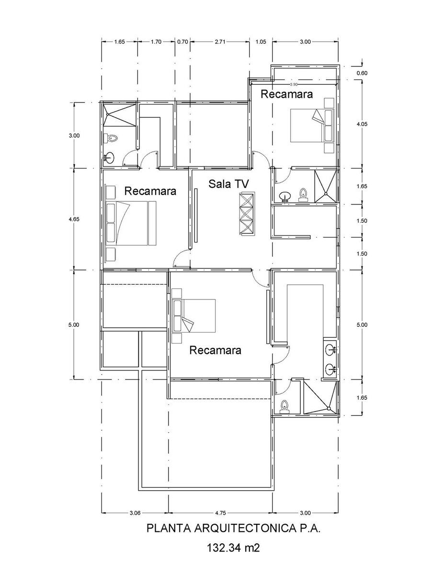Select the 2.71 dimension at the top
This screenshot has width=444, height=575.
[x=220, y=42]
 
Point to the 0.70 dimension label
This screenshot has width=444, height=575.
[x=182, y=42]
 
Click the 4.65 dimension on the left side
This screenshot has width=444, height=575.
[x=74, y=219]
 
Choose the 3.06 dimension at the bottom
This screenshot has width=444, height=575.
[x=135, y=513]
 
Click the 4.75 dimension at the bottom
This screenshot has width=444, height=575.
[x=220, y=513]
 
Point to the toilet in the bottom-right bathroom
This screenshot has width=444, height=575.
[x=285, y=407]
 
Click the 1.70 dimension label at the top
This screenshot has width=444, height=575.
[x=156, y=42]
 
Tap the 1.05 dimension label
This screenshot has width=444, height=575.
[x=261, y=42]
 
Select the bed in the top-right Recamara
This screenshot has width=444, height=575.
[x=311, y=125]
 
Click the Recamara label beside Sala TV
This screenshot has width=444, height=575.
[x=150, y=191]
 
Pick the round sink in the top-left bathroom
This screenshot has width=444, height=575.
[x=110, y=157]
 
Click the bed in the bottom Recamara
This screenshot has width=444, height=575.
[x=194, y=315]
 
